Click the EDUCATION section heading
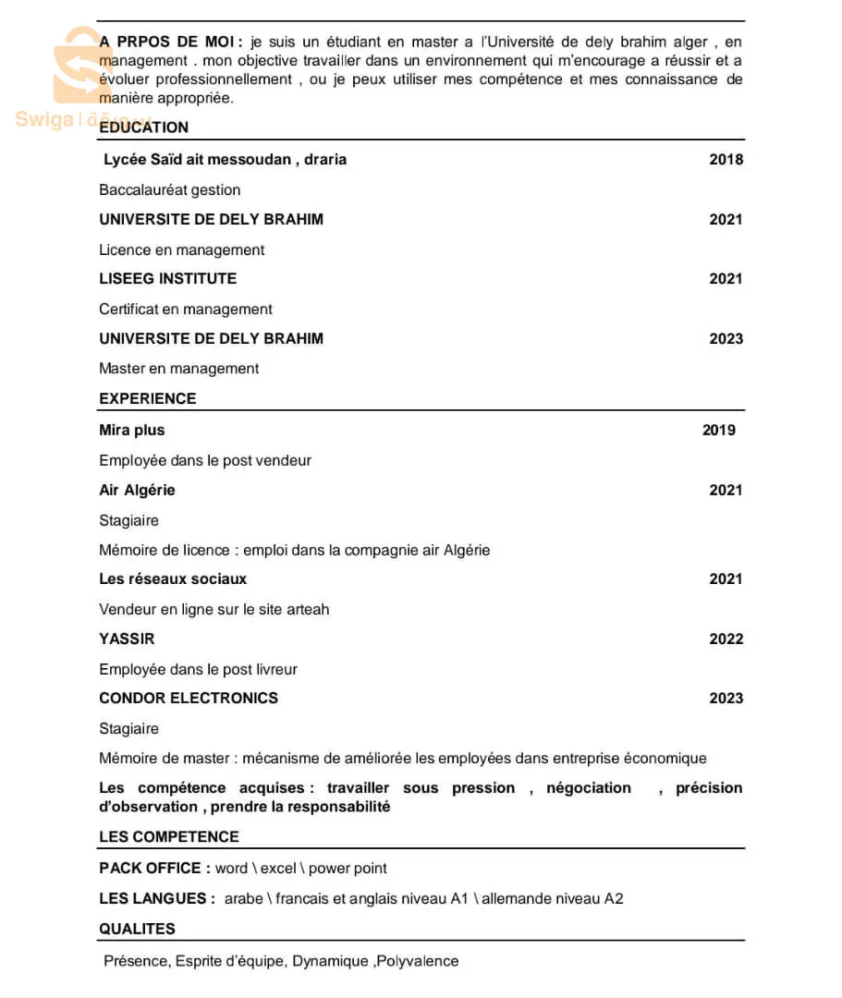click(143, 128)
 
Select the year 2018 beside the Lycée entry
click(726, 159)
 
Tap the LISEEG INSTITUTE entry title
click(167, 278)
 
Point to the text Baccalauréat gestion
click(169, 189)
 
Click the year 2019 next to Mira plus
click(718, 430)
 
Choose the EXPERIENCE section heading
click(147, 398)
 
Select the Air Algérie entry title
click(137, 490)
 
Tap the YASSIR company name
click(127, 639)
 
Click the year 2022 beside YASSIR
click(726, 639)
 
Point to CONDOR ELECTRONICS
click(189, 698)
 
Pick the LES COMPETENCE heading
click(168, 836)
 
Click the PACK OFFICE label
click(150, 868)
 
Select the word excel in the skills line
click(278, 868)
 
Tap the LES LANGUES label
click(156, 898)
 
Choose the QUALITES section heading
click(137, 929)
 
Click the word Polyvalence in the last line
click(417, 961)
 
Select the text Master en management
click(178, 368)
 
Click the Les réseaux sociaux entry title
click(173, 578)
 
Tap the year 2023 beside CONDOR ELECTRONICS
click(726, 698)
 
